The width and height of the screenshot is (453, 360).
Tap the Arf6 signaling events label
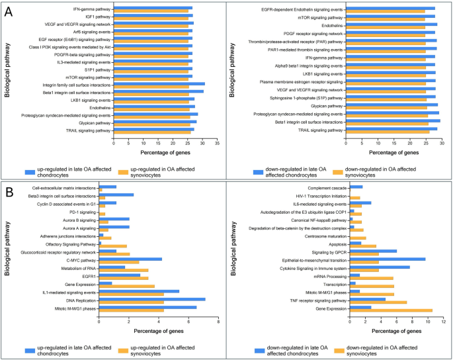pos(91,31)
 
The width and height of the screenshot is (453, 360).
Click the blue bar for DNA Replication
pos(152,299)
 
